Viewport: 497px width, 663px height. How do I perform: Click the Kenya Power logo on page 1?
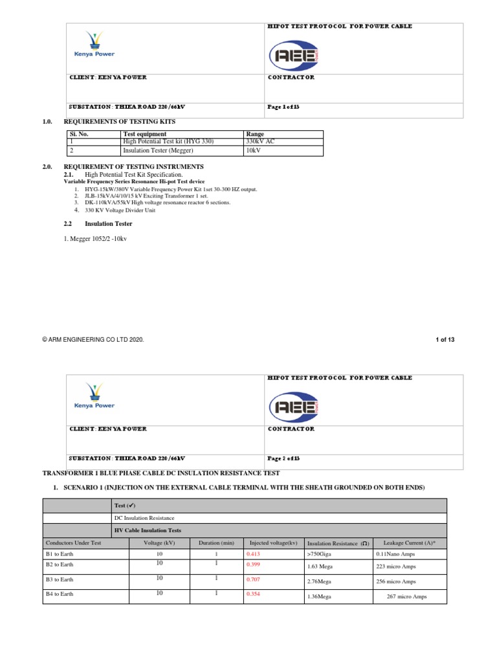tap(94, 45)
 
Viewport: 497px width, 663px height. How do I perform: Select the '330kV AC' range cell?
tap(261, 142)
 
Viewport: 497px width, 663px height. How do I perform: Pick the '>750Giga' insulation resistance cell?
tap(321, 555)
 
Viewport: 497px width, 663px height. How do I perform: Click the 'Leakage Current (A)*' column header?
tap(410, 543)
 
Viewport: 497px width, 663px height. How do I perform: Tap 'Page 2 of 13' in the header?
tap(283, 458)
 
